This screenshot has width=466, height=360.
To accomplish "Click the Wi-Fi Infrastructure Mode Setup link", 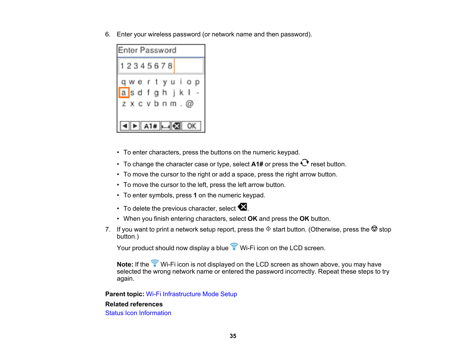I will (191, 294).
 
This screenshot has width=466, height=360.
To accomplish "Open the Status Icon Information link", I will (138, 313).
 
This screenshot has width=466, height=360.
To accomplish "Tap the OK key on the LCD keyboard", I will (191, 126).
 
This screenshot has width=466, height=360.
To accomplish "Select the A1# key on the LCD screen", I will (150, 126).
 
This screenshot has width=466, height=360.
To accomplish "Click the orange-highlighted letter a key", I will (124, 93).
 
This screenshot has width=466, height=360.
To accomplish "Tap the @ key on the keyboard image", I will (190, 104).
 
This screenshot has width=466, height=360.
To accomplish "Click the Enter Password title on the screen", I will (147, 50).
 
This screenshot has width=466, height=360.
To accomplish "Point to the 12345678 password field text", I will (146, 66).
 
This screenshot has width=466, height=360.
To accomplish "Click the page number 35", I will (233, 336).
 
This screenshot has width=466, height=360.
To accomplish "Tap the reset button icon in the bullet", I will (304, 163).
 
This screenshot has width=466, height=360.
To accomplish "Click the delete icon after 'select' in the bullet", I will (242, 207).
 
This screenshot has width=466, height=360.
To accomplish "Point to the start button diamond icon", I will (268, 229).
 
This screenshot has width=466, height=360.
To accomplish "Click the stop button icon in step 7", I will (374, 229).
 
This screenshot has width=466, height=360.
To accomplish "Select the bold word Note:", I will (125, 264).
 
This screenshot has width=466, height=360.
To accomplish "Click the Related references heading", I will (134, 304).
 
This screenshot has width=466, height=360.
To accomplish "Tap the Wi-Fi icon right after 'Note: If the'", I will (155, 263).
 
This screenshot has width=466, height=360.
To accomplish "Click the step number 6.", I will (108, 34).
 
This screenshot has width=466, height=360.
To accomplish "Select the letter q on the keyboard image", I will (123, 82).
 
